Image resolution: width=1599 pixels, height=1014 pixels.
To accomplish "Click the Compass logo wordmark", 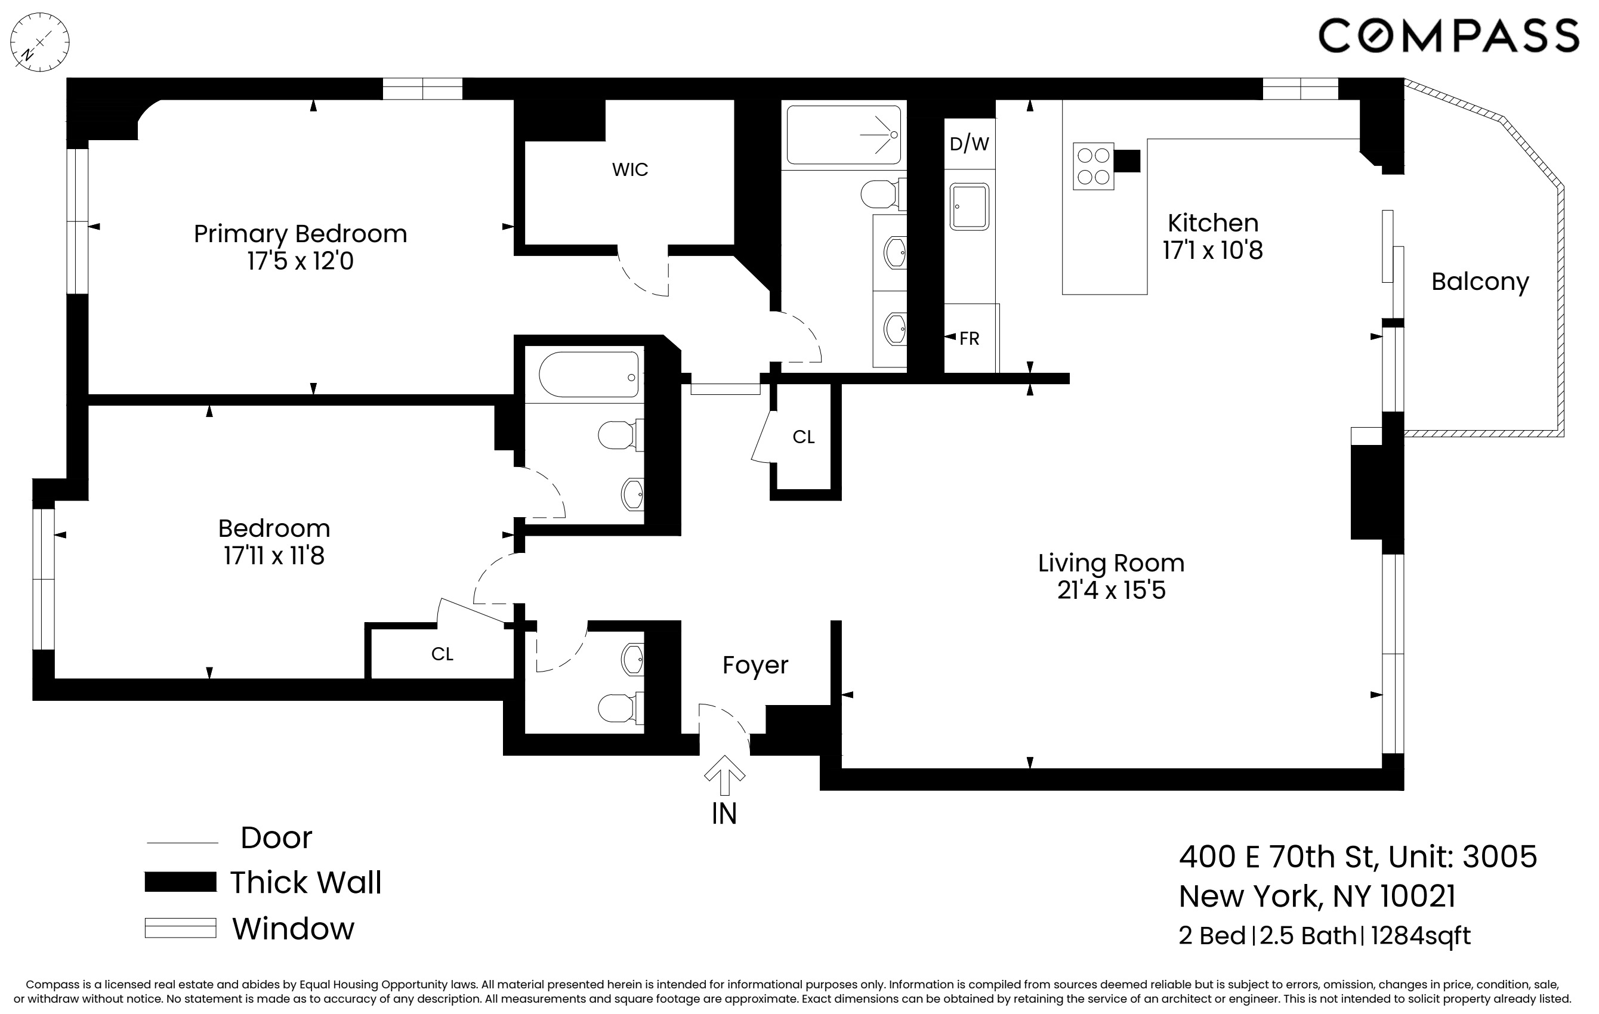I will (x=1448, y=36).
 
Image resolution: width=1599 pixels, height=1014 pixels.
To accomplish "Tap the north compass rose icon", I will (x=40, y=42).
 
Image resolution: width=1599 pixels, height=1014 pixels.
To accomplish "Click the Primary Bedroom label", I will (x=300, y=234).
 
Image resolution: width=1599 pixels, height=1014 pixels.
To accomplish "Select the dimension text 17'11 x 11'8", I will (x=274, y=556).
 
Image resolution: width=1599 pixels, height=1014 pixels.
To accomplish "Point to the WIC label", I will (x=629, y=169).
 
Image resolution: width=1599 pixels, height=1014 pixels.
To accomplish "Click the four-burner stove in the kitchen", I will (x=1093, y=166).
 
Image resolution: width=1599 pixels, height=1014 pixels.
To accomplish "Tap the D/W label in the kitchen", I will (x=969, y=143).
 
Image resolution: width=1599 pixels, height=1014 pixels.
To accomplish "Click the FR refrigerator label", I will (x=970, y=339).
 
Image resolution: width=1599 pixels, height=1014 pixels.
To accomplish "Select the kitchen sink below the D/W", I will (x=969, y=207).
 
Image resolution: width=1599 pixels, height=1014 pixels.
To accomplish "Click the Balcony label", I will (x=1480, y=282).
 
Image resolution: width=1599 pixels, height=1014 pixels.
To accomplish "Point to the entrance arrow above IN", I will (x=724, y=775).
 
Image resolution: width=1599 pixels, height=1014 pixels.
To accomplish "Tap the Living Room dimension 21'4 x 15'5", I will (x=1111, y=591).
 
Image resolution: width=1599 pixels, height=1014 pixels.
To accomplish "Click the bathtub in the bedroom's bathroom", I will (x=588, y=375).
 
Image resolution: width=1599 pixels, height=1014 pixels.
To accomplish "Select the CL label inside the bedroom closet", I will (x=442, y=654).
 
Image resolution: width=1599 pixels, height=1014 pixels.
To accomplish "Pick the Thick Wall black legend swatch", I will (x=181, y=882).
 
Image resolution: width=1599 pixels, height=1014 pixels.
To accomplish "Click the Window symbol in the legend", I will (x=181, y=928).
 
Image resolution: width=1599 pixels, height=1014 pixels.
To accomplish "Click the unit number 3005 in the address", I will (x=1499, y=857).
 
